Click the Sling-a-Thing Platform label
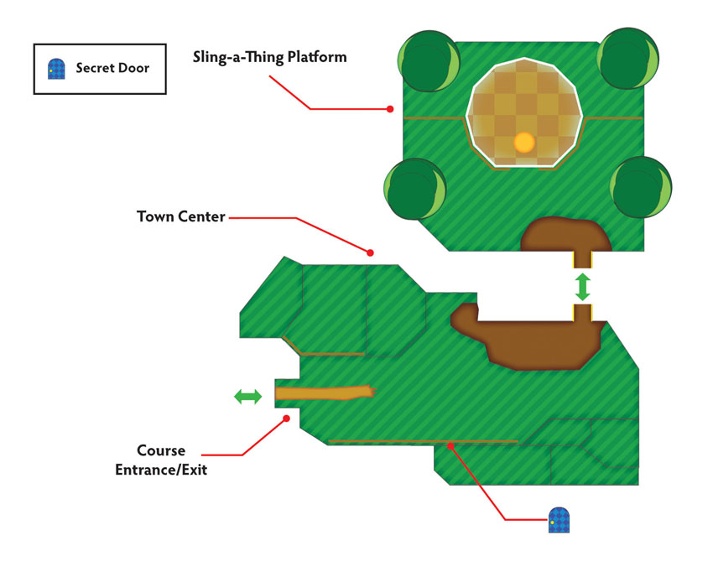click(x=269, y=57)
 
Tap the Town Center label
click(x=181, y=216)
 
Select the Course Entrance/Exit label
click(x=161, y=460)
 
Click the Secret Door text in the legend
click(x=112, y=68)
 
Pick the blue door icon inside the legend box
click(x=56, y=69)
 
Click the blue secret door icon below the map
click(x=559, y=520)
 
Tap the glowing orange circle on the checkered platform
click(x=523, y=143)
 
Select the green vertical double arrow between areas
click(x=582, y=287)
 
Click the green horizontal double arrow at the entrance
click(x=247, y=397)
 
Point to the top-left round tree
click(x=429, y=61)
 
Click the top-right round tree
click(x=628, y=58)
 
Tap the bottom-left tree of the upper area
click(x=415, y=189)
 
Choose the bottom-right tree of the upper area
click(x=641, y=187)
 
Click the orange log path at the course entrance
click(x=325, y=393)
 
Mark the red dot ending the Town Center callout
click(x=370, y=252)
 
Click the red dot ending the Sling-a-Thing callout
click(x=390, y=109)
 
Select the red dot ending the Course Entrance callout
click(x=287, y=419)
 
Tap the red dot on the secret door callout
click(x=450, y=446)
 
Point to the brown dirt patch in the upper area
click(x=565, y=235)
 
